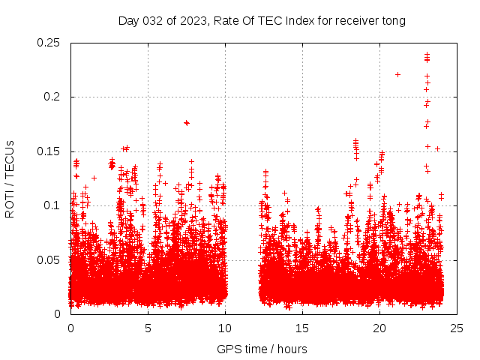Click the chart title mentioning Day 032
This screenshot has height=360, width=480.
click(262, 20)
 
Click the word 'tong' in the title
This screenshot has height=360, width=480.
click(391, 21)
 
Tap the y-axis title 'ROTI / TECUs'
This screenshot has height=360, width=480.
click(10, 178)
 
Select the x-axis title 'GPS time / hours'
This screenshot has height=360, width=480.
click(262, 349)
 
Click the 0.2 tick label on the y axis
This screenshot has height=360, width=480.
click(52, 97)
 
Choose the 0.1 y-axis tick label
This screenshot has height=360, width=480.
click(52, 205)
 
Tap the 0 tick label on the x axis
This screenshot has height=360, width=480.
click(70, 328)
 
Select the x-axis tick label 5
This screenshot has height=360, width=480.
click(148, 328)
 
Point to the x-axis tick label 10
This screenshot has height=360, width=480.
click(225, 328)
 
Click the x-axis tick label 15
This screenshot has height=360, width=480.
click(302, 328)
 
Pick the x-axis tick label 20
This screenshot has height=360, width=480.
click(379, 328)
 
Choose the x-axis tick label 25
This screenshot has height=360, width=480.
click(457, 328)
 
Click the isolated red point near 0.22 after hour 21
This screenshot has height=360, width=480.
click(397, 74)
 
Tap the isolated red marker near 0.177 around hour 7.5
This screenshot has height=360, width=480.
click(187, 122)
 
